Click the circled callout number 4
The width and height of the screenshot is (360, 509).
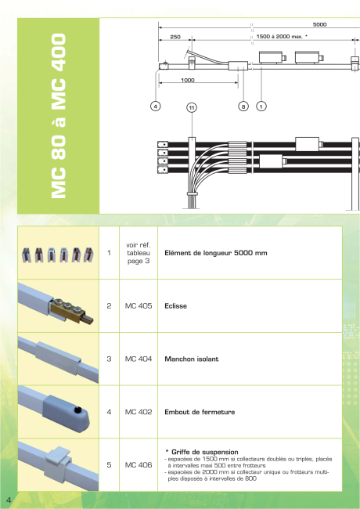click(x=156, y=106)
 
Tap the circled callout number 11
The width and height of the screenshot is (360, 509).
click(x=192, y=108)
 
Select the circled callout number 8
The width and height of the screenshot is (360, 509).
click(x=243, y=106)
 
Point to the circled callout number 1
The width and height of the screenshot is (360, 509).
click(x=261, y=106)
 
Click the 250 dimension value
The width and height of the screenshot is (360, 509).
click(x=175, y=37)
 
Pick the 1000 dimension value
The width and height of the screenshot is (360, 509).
click(x=188, y=80)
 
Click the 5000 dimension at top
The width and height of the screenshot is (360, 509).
click(x=319, y=25)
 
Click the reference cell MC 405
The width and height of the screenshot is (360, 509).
click(x=139, y=305)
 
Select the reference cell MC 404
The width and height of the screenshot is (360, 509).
click(x=139, y=359)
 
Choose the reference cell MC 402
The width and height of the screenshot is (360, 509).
click(x=139, y=412)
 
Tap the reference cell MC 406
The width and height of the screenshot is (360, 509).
click(x=139, y=465)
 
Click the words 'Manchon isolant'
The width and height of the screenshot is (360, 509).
click(x=192, y=359)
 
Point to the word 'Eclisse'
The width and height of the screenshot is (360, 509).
click(x=175, y=306)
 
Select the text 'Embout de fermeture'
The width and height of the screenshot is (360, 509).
click(x=200, y=412)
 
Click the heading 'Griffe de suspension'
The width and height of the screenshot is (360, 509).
click(x=204, y=452)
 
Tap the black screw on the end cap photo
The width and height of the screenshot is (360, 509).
click(x=77, y=410)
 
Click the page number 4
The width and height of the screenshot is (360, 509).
click(x=9, y=500)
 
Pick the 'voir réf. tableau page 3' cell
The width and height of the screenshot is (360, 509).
click(x=139, y=253)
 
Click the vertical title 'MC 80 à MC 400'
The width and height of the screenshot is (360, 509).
click(x=59, y=116)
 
